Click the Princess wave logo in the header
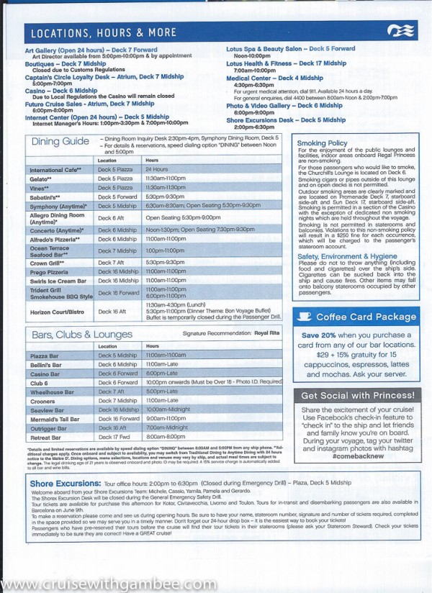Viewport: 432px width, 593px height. [397, 31]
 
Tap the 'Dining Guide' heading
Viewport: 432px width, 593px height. [60, 142]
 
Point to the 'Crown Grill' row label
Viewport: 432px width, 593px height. [48, 263]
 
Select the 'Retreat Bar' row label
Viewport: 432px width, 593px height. [45, 436]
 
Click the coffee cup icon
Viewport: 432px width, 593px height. [305, 317]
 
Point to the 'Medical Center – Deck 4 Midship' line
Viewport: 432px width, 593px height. [274, 78]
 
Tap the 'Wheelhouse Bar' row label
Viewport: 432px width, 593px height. [52, 392]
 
